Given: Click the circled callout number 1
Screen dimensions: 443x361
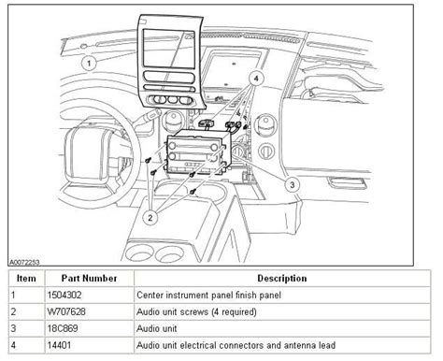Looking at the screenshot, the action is (89, 64).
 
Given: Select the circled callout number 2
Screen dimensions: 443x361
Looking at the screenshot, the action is (150, 217).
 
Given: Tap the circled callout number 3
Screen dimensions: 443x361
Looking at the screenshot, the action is (292, 185).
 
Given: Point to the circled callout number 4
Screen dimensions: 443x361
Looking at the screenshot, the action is (256, 79).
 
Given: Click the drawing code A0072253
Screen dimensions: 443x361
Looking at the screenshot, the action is (24, 262).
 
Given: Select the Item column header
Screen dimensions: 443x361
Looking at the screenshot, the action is (26, 278).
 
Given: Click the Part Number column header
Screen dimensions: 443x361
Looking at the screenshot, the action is (89, 278).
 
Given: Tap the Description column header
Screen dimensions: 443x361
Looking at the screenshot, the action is (282, 278).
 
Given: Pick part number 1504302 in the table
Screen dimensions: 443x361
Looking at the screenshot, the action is (64, 295).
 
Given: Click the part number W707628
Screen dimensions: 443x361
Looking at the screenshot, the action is (66, 311).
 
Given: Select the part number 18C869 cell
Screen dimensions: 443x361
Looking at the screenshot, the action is (63, 328).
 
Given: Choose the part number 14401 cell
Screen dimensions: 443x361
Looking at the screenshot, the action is (59, 345).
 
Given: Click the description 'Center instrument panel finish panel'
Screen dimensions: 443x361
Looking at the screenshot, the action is (208, 295).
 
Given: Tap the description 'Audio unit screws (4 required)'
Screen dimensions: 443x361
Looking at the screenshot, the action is (196, 311).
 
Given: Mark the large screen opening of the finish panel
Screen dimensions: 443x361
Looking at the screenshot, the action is (169, 49).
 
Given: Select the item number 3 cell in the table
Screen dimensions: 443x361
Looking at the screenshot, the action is (13, 328).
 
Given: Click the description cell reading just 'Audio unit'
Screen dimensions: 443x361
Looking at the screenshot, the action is (157, 328).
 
